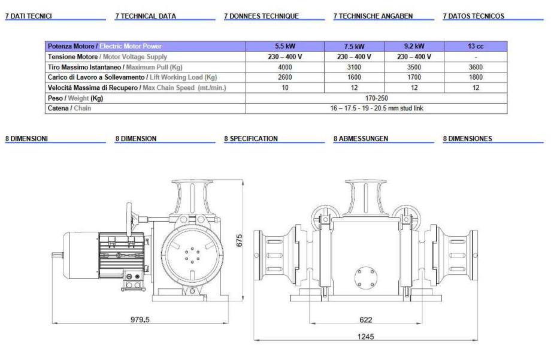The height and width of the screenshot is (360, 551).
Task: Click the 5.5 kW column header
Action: tap(285, 46)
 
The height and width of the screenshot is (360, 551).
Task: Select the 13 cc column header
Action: tap(476, 46)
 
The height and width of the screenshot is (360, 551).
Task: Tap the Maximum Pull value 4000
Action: tap(285, 67)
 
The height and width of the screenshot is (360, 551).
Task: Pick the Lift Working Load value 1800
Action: tap(476, 77)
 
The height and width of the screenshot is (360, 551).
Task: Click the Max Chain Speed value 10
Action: tap(285, 87)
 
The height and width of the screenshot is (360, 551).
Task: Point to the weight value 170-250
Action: tap(376, 98)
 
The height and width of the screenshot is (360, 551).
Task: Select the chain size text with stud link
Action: tap(376, 108)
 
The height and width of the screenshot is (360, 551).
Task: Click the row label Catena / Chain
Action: tap(69, 108)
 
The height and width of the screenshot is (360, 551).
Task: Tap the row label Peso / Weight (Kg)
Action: tap(75, 98)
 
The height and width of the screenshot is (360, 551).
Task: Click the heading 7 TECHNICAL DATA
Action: tap(146, 16)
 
